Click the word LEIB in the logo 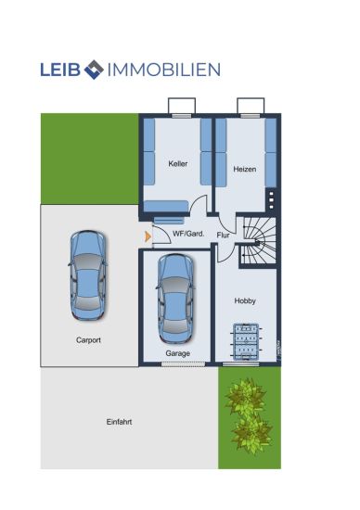[60, 70]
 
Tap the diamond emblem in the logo [94, 70]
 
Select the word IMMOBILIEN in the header [164, 70]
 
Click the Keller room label [178, 163]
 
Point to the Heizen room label [244, 169]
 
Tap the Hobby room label [245, 300]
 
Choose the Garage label [178, 353]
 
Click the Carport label [88, 340]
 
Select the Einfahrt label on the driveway [119, 422]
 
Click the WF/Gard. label [188, 234]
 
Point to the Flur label [223, 235]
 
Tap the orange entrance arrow [148, 236]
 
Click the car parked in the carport [88, 275]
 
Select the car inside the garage [175, 299]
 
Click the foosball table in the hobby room [247, 341]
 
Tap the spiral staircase [260, 241]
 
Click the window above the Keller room [182, 116]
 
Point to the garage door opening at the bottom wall [184, 364]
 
